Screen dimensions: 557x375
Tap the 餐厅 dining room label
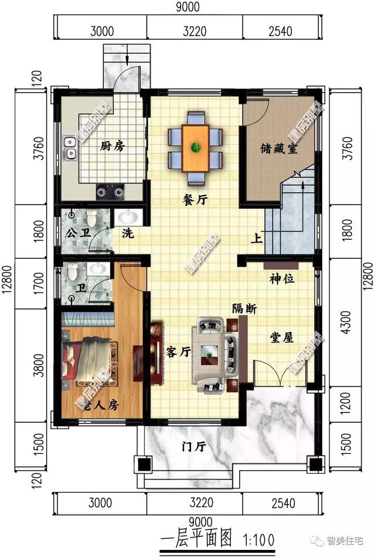pyautogui.click(x=196, y=200)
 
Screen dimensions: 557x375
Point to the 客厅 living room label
pyautogui.click(x=179, y=352)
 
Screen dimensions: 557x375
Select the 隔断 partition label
pyautogui.click(x=244, y=309)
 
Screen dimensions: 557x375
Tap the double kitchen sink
pyautogui.click(x=70, y=148)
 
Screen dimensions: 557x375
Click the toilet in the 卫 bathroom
pyautogui.click(x=71, y=271)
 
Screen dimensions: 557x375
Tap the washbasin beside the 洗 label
pyautogui.click(x=126, y=218)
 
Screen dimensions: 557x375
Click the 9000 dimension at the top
pyautogui.click(x=187, y=7)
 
